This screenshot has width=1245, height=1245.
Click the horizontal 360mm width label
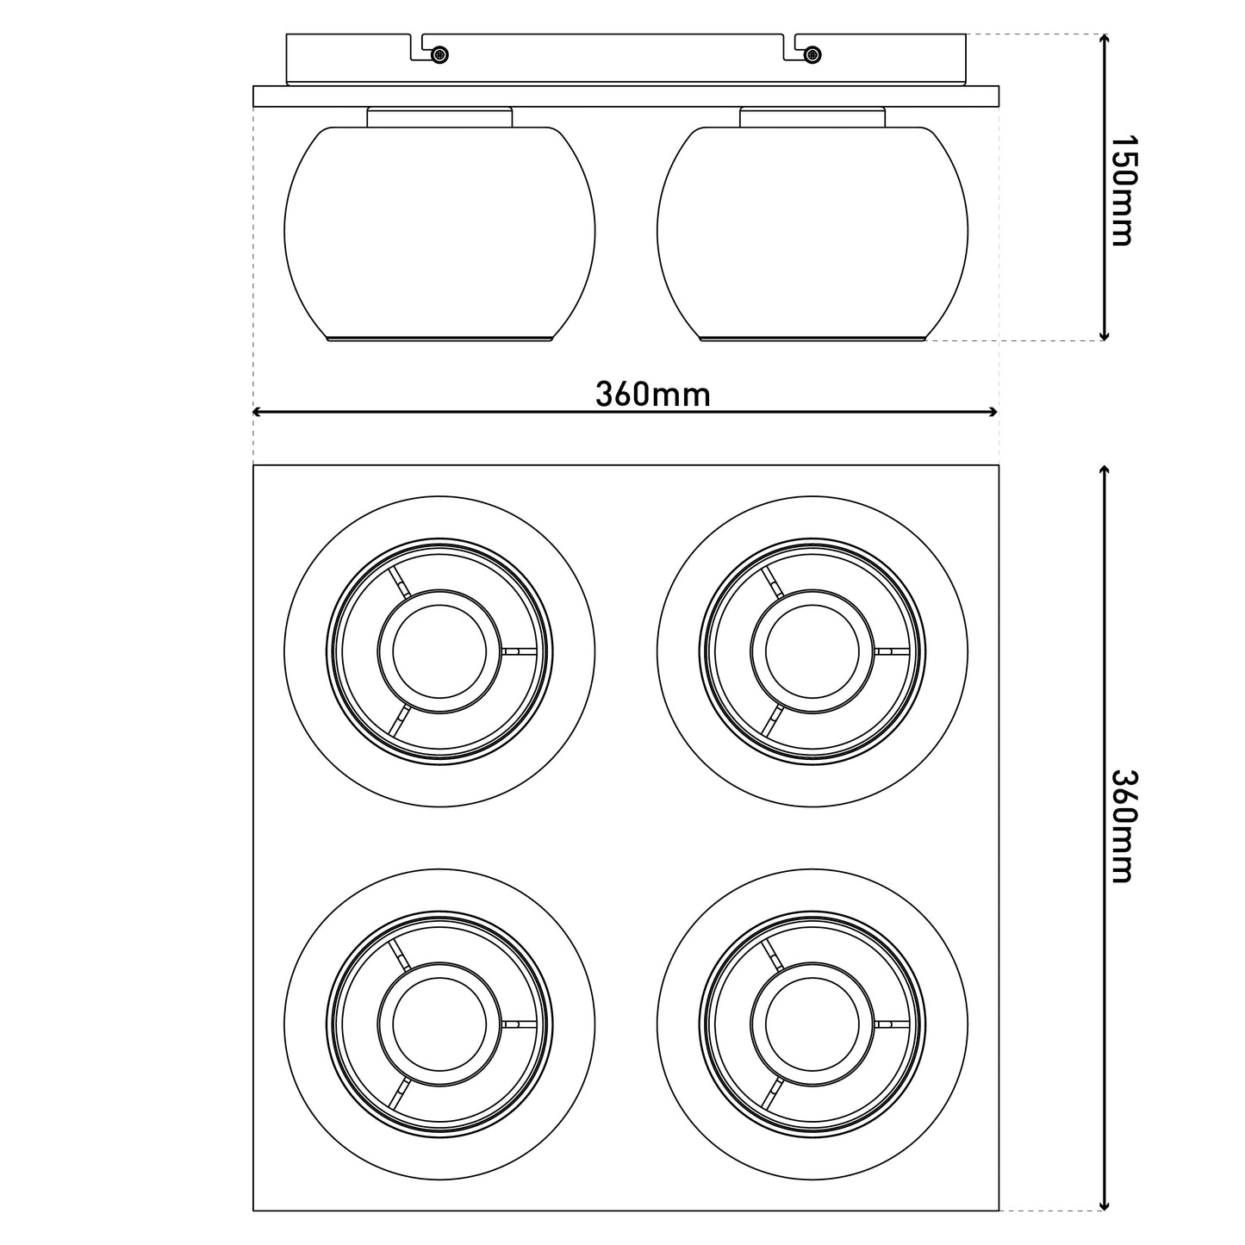coord(652,394)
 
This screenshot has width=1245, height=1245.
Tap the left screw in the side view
coord(440,55)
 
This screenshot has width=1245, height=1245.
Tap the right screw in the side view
coord(812,55)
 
